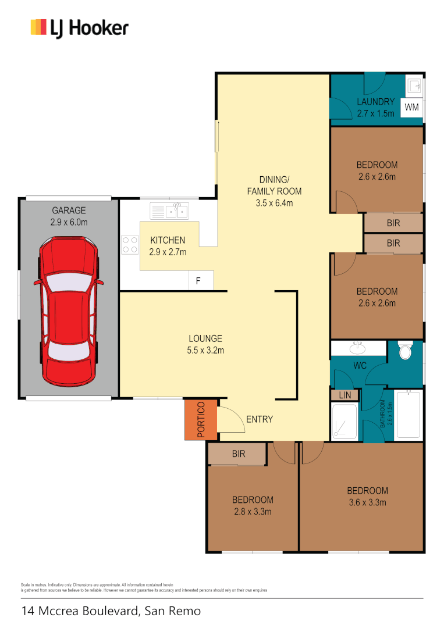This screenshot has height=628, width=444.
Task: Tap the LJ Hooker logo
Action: (79, 27)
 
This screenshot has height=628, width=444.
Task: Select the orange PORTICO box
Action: (200, 419)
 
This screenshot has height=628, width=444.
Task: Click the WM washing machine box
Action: (411, 108)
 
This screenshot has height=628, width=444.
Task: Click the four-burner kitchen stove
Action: (130, 244)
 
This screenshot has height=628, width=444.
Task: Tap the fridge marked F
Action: (198, 281)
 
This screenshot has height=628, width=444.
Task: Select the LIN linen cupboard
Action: (344, 395)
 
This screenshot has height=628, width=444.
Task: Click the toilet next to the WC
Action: (405, 351)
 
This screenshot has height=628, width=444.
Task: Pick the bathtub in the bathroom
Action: (408, 415)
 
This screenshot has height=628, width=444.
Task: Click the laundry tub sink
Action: (414, 87)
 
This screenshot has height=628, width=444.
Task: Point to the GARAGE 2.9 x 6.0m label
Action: (69, 216)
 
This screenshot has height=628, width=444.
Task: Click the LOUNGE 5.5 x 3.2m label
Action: (205, 344)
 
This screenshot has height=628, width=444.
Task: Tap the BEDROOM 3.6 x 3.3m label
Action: (367, 496)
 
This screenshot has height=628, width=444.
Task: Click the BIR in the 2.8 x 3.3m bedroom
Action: (239, 454)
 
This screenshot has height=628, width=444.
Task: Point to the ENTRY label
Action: (260, 419)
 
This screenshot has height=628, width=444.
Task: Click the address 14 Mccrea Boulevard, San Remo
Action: (111, 611)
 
